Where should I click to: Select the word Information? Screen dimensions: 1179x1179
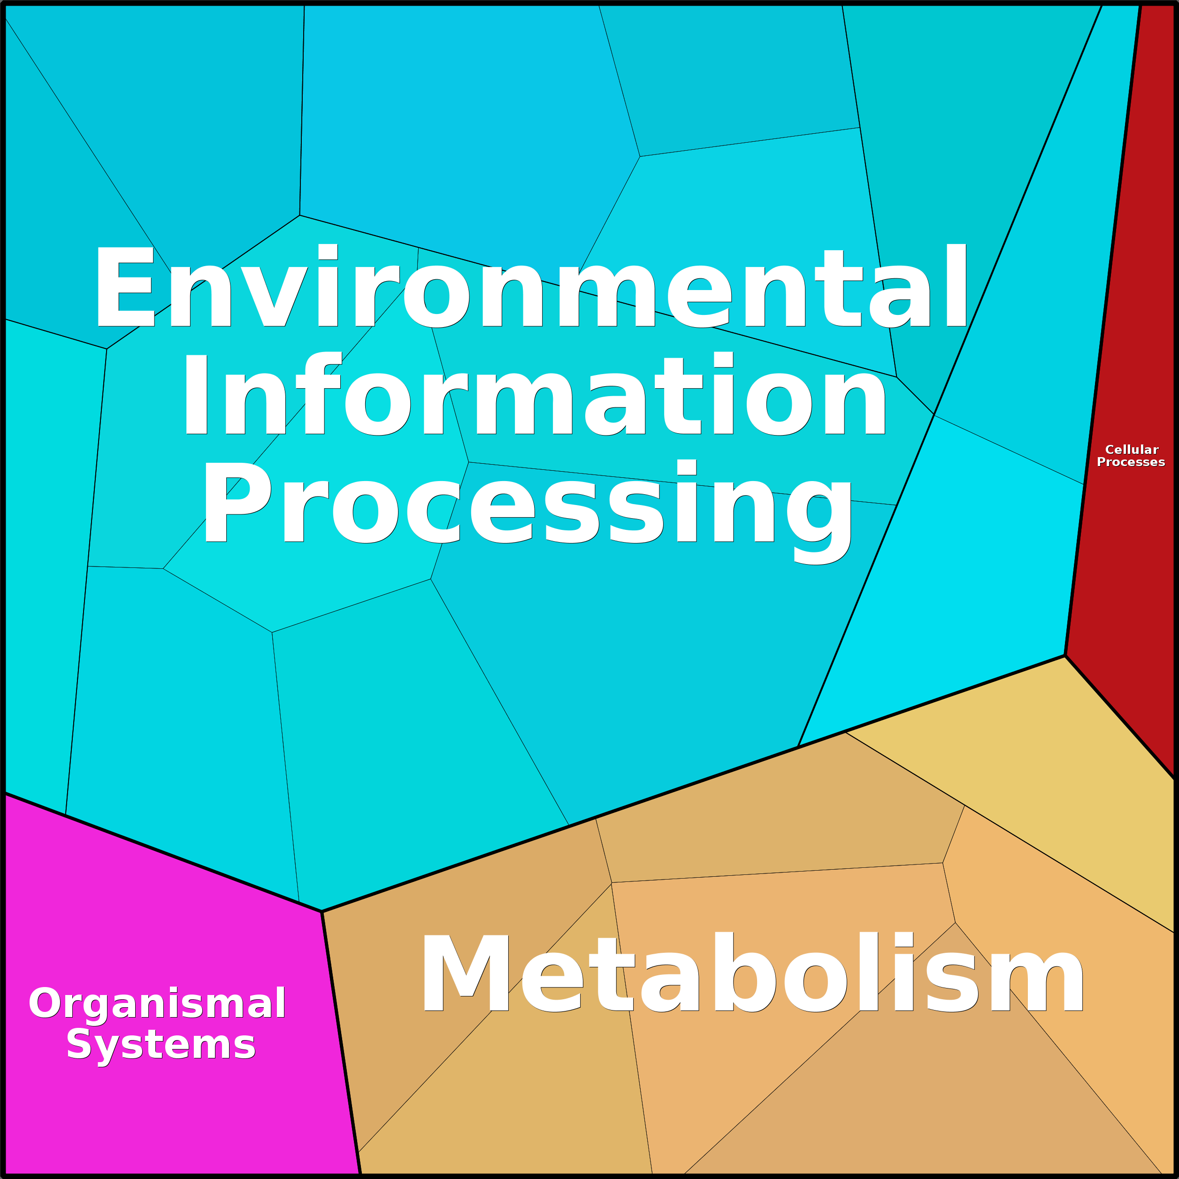pyautogui.click(x=535, y=394)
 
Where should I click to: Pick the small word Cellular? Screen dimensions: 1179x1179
pyautogui.click(x=1132, y=450)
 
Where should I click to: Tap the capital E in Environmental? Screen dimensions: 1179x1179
pyautogui.click(x=124, y=286)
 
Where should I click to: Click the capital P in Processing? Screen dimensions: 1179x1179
pyautogui.click(x=238, y=502)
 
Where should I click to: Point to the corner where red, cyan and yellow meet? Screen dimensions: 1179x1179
pyautogui.click(x=1065, y=655)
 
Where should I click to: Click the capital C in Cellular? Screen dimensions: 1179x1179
pyautogui.click(x=1110, y=450)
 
